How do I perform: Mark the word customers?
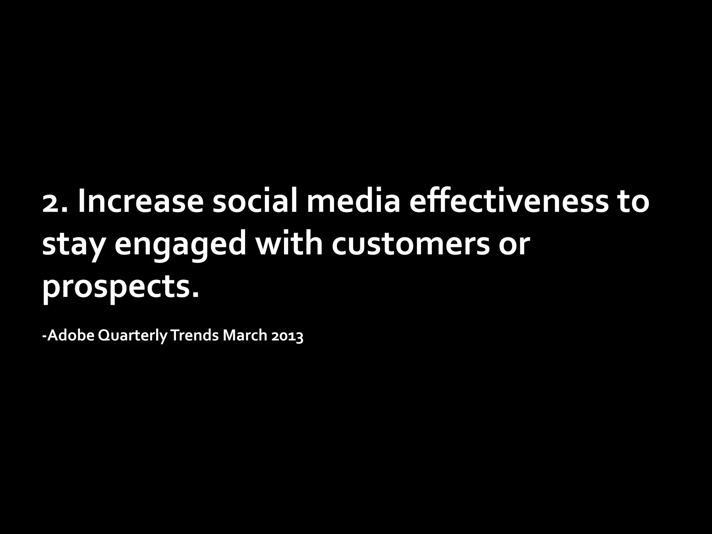410,245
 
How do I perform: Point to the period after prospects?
196,296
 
